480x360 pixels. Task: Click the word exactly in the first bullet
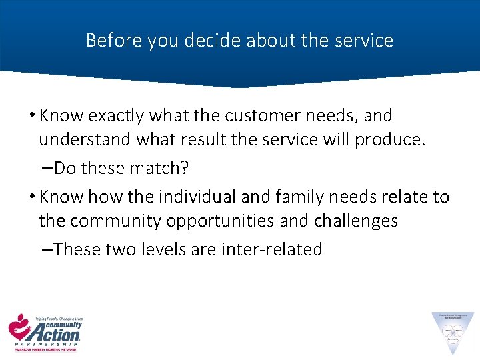click(x=112, y=115)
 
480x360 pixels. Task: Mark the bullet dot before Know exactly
click(x=33, y=116)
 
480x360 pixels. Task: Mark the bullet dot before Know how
click(x=33, y=197)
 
